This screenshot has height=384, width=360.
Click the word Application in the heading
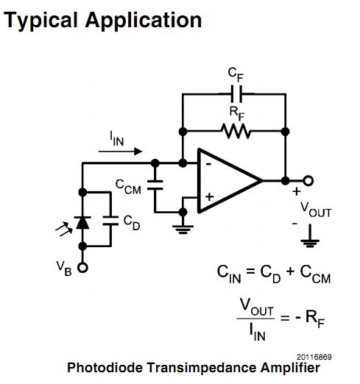pos(145,20)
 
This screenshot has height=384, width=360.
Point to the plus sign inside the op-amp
pos(208,197)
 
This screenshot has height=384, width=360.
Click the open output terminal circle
pos(308,180)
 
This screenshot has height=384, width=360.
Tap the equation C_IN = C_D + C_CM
pos(273,274)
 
